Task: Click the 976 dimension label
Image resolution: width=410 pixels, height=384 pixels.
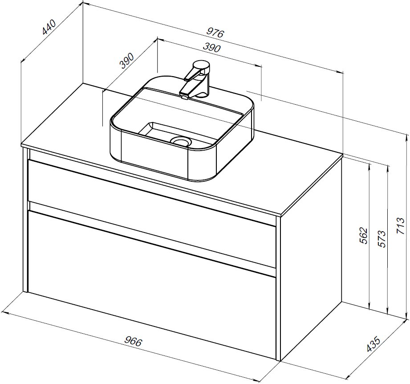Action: [x=215, y=33]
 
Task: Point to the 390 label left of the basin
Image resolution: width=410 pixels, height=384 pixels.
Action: [x=126, y=61]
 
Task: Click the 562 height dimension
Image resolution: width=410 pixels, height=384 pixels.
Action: [x=364, y=236]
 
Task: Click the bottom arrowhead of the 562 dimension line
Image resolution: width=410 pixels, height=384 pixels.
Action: [x=369, y=307]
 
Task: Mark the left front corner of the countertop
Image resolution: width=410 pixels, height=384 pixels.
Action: [x=22, y=145]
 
